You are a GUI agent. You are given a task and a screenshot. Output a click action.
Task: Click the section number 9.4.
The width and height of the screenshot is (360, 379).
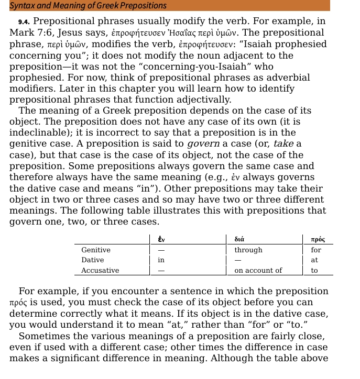[25, 22]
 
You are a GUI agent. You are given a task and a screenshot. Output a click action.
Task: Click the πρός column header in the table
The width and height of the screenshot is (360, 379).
[318, 239]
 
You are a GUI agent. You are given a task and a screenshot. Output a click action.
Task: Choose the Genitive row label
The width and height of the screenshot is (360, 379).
[96, 250]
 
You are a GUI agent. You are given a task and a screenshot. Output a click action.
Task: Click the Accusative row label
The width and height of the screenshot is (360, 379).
[100, 270]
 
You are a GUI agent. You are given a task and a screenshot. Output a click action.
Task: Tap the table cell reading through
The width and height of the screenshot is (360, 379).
[248, 250]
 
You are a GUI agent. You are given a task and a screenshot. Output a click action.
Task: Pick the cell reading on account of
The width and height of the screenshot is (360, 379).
[258, 270]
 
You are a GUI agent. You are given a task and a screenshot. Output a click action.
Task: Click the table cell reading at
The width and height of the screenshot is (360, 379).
[314, 260]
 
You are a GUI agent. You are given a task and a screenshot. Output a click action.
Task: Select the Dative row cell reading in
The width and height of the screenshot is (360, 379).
[161, 260]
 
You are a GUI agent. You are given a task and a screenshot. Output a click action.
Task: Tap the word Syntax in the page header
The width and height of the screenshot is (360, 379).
[22, 6]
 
